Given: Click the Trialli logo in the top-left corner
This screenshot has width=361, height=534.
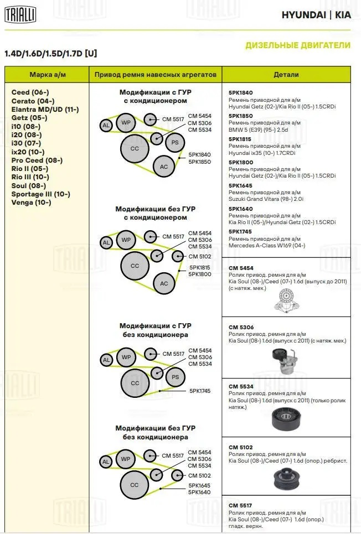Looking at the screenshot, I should (20, 15).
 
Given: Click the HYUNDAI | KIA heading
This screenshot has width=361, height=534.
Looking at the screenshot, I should (316, 15).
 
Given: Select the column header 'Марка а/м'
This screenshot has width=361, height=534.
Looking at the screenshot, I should (47, 75).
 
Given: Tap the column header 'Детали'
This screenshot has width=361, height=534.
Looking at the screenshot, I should (286, 75).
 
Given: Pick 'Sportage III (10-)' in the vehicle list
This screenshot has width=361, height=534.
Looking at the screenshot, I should (40, 194).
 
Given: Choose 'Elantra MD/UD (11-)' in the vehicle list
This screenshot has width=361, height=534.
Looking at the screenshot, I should (45, 110).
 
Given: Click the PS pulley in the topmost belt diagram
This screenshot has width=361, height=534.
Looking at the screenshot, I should (174, 142).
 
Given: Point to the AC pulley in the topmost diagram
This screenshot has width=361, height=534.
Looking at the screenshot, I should (164, 167).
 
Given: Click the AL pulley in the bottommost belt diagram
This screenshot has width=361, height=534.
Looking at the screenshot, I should (106, 462).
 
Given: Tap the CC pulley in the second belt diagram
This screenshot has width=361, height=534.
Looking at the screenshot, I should (135, 266).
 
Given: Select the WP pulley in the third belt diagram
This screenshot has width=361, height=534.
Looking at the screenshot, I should (126, 356).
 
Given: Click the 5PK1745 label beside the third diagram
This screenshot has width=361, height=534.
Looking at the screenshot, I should (200, 391).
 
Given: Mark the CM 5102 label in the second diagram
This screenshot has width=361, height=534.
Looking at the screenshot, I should (199, 256).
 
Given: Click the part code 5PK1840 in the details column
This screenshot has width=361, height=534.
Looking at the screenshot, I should (240, 93).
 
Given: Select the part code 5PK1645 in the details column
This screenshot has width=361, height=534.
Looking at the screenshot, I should (240, 186).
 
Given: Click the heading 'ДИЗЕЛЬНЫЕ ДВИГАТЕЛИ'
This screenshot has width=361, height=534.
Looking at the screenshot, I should (297, 45).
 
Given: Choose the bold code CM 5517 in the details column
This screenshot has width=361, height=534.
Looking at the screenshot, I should (241, 505).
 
